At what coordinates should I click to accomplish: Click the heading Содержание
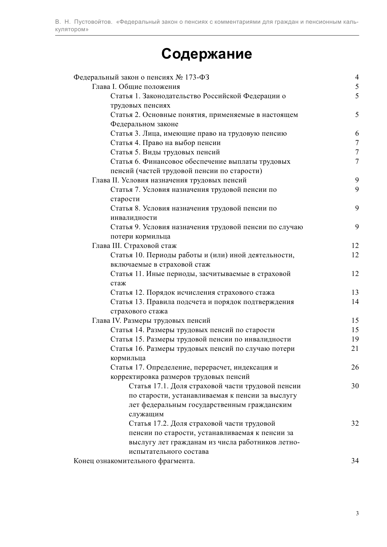point(206,54)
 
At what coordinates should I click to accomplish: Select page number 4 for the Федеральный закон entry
point(357,77)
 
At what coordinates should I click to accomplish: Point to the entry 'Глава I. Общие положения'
point(136,87)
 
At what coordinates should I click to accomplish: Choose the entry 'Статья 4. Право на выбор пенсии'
point(165,143)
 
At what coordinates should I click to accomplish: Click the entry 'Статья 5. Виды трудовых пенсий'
point(165,152)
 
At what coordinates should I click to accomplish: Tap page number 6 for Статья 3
point(357,133)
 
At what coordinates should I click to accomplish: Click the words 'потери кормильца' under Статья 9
point(140,236)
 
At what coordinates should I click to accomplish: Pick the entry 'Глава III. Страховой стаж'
point(134,246)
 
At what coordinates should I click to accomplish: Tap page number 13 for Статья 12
point(355,293)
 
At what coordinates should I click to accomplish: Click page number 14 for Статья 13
point(355,302)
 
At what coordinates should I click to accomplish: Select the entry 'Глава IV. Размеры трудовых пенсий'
point(151,321)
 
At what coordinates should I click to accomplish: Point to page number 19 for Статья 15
point(355,339)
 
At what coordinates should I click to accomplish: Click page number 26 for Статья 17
point(355,367)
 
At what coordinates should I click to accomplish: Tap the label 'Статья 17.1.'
point(149,386)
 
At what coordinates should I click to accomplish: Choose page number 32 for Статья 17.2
point(355,424)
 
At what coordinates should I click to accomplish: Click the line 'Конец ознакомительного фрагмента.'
point(134,461)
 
